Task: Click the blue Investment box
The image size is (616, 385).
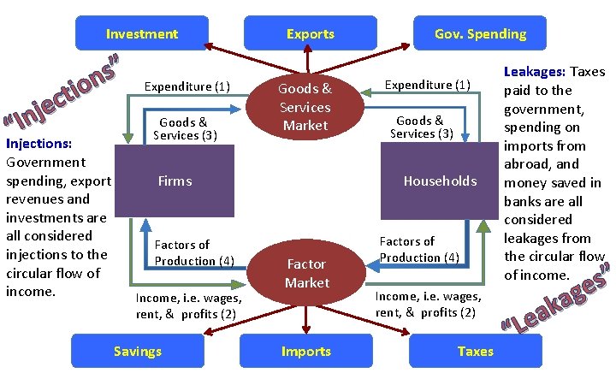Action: [x=142, y=33]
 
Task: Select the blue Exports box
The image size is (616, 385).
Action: [x=310, y=33]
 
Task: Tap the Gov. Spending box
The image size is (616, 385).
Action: [x=480, y=33]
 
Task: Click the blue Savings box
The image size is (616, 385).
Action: [x=137, y=351]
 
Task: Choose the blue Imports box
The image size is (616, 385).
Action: [x=306, y=351]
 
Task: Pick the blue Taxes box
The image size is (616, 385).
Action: [x=475, y=351]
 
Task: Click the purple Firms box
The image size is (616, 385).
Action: [x=175, y=181]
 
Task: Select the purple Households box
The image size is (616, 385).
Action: [x=440, y=181]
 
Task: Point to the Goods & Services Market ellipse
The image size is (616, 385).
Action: [x=305, y=107]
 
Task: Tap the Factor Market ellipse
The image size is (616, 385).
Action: [x=306, y=273]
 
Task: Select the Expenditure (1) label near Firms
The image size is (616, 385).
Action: [x=187, y=86]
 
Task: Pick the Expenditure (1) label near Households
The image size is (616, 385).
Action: [x=427, y=85]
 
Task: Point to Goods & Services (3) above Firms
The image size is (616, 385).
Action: [x=185, y=128]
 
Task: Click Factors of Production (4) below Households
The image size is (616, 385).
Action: [x=419, y=250]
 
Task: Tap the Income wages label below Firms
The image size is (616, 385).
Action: [x=188, y=305]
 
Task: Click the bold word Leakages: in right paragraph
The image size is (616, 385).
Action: [x=536, y=72]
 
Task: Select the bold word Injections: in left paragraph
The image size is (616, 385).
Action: [x=38, y=143]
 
